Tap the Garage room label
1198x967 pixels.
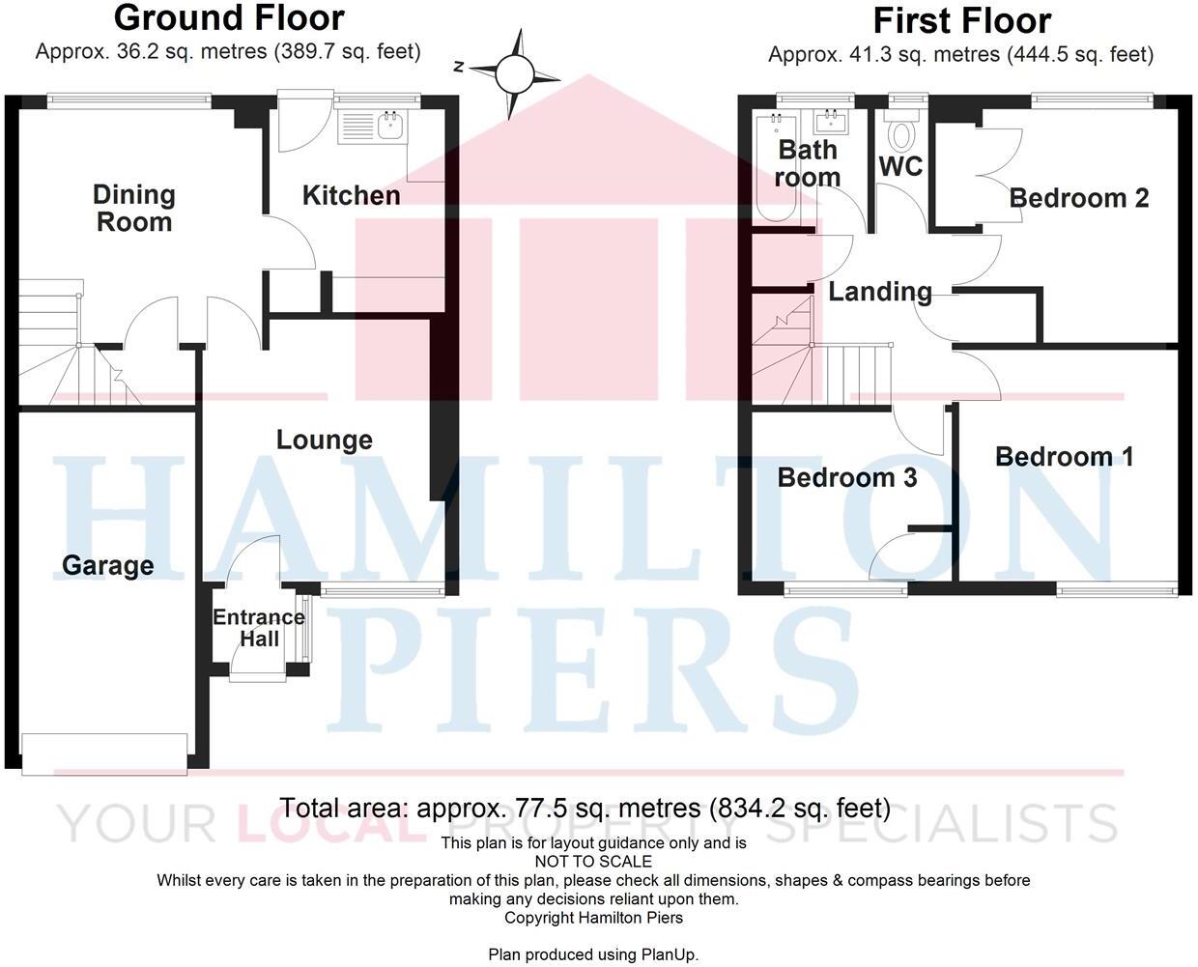click(107, 565)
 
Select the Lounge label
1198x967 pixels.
click(324, 440)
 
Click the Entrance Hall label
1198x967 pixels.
click(259, 628)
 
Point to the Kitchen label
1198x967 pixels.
click(351, 195)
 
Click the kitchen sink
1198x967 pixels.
click(391, 125)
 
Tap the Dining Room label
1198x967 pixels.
click(133, 208)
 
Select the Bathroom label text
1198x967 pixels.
click(808, 163)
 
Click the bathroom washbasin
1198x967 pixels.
click(830, 122)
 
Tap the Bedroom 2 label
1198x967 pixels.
click(1078, 198)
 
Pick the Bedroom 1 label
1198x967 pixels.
click(1064, 456)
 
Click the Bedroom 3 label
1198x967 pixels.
click(846, 477)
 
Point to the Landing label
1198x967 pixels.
click(879, 291)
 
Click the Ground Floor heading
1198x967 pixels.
click(228, 17)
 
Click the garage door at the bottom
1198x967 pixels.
click(104, 754)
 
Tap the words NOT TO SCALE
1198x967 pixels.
click(593, 862)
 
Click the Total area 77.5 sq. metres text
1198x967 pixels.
click(585, 808)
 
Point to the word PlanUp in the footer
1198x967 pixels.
click(669, 954)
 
